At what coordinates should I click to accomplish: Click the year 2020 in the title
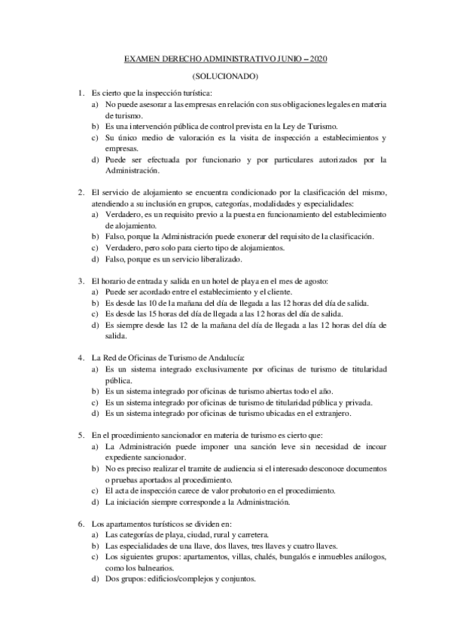pos(319,60)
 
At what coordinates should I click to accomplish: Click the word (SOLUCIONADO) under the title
pos(225,76)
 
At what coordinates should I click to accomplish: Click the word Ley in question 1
pos(294,126)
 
